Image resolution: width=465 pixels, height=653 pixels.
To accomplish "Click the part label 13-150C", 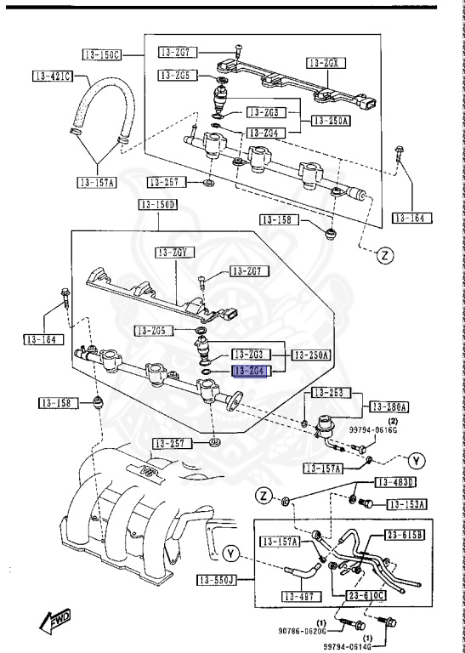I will coord(101,55).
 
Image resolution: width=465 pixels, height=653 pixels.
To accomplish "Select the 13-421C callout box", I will coord(54,77).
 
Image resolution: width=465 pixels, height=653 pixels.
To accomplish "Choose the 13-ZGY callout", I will coord(175,252).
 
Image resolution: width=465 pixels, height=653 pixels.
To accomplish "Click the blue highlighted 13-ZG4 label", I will coord(250,372).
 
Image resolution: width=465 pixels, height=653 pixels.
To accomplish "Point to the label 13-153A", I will coord(406,503).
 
